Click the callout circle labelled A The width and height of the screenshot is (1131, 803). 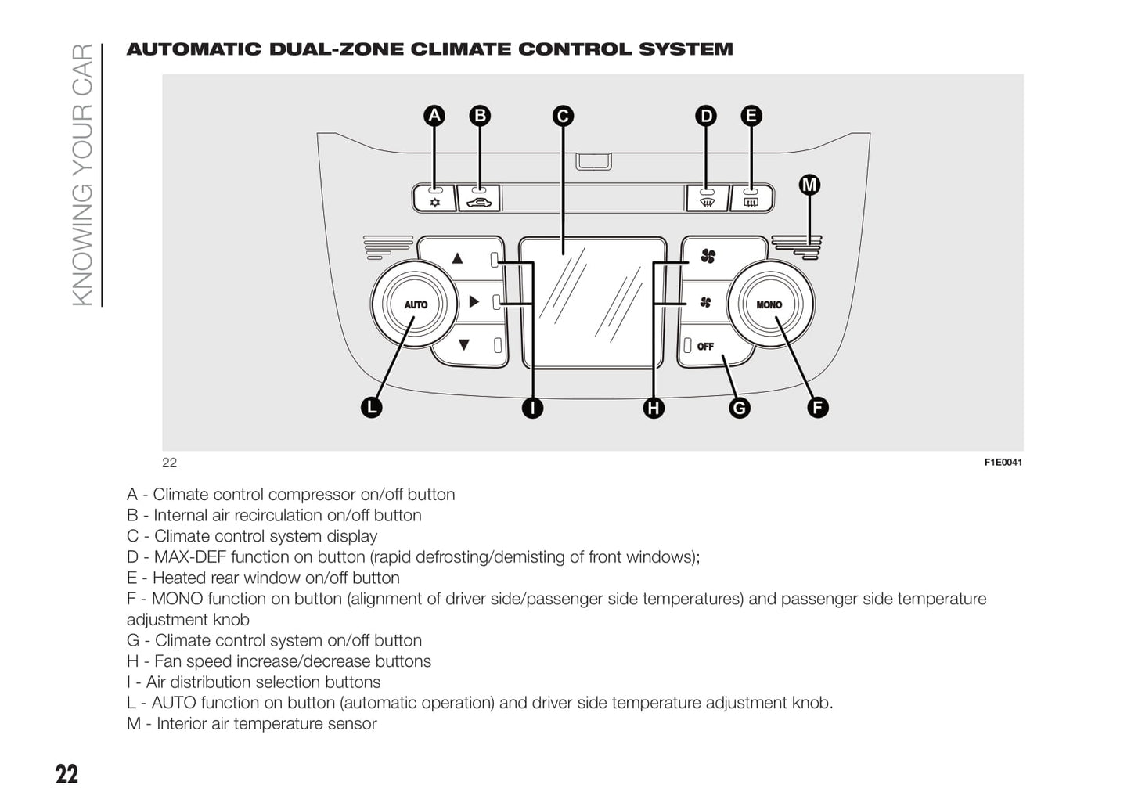tap(434, 116)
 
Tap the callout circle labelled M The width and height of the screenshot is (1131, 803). tap(809, 185)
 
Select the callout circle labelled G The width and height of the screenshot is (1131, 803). tap(739, 407)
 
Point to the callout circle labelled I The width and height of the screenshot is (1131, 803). tap(532, 407)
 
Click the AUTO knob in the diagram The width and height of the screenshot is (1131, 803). tap(415, 304)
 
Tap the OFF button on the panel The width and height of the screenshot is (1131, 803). tap(705, 347)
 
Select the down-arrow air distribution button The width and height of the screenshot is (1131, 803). tap(464, 344)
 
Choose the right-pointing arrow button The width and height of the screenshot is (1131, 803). tap(474, 301)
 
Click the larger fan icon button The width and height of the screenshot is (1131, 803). tap(708, 256)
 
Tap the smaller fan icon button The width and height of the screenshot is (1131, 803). tap(705, 302)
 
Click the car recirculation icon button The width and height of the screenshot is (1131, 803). tap(478, 199)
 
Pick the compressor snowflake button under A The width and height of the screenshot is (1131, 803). tap(435, 199)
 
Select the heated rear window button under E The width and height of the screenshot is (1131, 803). tap(751, 199)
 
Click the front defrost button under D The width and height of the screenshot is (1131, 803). tap(707, 199)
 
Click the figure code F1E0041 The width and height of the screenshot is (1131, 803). tap(1003, 463)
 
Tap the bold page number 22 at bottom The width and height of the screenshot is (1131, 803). tap(67, 774)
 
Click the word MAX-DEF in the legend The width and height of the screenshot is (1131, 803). tap(189, 557)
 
